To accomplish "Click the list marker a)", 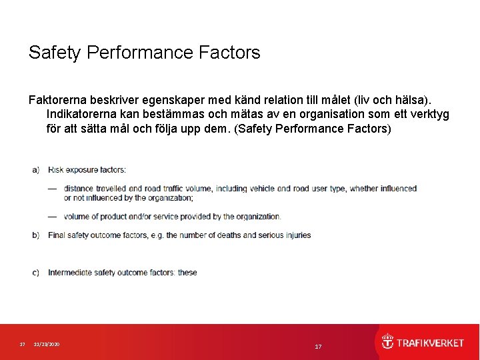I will (35, 170).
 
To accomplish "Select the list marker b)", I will (35, 235).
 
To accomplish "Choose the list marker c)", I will (35, 272).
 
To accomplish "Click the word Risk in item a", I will (55, 170).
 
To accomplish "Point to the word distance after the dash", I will (79, 189).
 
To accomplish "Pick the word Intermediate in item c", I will (70, 272).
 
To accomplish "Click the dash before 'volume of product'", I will (52, 216).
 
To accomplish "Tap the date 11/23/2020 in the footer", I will (47, 344).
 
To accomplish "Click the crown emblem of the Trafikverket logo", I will (387, 342).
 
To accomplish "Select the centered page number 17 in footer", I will (318, 347).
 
